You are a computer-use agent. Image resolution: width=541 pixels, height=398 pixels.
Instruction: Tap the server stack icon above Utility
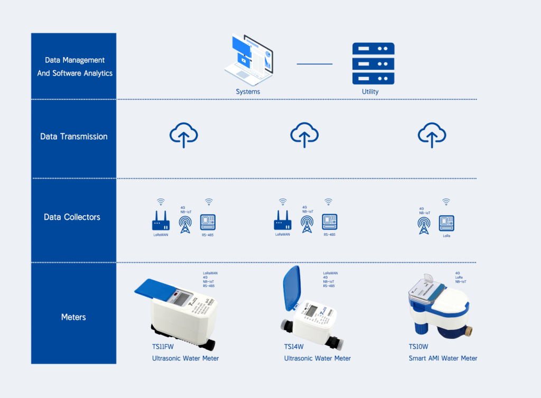[373, 63]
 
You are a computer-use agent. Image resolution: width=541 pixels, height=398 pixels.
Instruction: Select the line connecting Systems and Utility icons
[314, 64]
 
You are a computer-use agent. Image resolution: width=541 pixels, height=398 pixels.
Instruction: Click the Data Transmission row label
[74, 136]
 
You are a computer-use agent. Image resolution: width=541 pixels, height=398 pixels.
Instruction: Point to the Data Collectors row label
[72, 217]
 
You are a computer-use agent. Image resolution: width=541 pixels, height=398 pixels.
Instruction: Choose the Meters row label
[73, 317]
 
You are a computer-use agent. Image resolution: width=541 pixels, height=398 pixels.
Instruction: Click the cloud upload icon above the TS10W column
[432, 135]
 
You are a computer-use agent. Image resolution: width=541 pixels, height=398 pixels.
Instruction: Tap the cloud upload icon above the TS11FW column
[183, 135]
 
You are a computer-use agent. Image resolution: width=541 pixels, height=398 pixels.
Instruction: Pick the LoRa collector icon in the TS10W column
[447, 223]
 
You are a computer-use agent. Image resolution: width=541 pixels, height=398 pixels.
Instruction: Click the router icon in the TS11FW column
[161, 221]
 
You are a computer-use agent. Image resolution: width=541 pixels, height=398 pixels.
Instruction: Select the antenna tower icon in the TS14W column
[306, 224]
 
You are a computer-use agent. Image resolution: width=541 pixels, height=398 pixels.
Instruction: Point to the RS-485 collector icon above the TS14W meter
[330, 221]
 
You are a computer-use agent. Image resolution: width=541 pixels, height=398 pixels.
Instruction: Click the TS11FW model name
[162, 347]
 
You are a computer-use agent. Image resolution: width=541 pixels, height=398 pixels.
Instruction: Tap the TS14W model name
[294, 347]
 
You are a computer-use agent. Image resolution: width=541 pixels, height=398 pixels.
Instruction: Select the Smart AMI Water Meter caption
[443, 358]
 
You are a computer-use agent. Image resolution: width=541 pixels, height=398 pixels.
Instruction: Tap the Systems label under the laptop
[248, 91]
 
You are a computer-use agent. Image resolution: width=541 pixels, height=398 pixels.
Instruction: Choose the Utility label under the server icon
[370, 91]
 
